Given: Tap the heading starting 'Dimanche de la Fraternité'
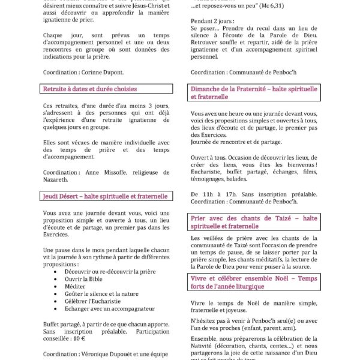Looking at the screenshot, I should pyautogui.click(x=253, y=92).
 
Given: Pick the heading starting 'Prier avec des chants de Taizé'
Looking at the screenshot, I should pyautogui.click(x=253, y=223).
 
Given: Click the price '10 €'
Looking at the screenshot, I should pyautogui.click(x=77, y=338).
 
